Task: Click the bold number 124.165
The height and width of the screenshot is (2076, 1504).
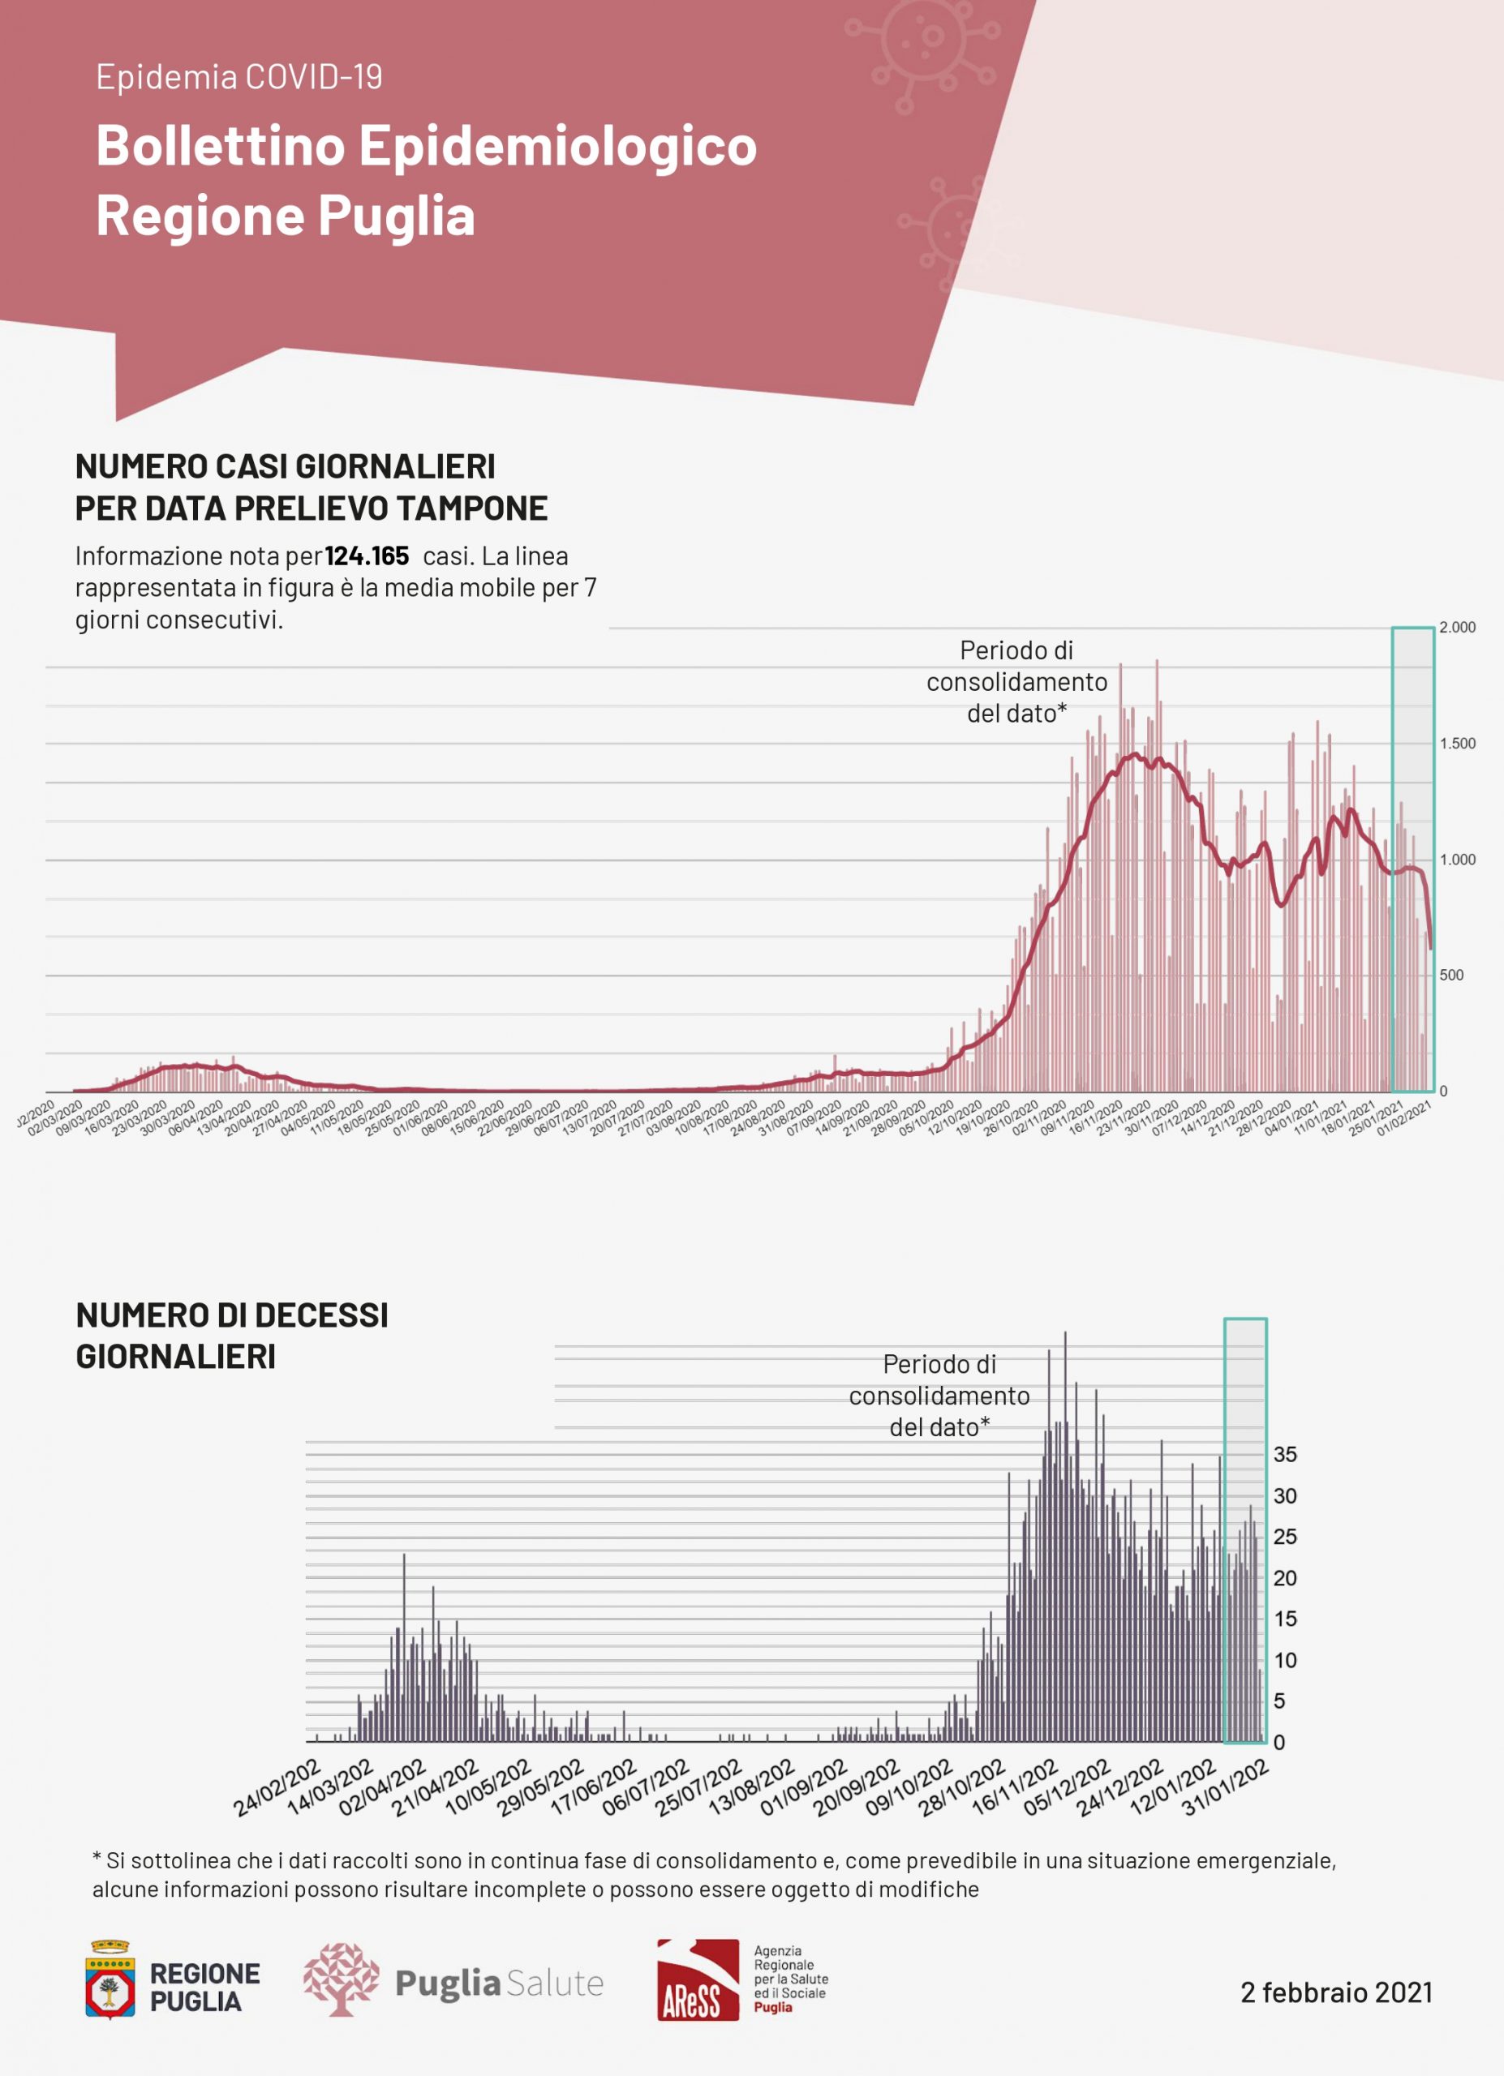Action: click(x=366, y=555)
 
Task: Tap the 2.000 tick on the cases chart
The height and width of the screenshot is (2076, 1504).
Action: click(x=1456, y=627)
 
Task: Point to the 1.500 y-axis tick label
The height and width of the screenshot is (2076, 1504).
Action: click(x=1456, y=744)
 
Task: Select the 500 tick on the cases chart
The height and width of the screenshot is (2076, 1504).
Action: click(x=1451, y=975)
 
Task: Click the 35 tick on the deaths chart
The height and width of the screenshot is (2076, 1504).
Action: click(x=1284, y=1453)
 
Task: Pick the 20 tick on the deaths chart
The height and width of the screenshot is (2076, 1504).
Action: click(x=1284, y=1577)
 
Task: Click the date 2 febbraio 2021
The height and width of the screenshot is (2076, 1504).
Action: click(x=1335, y=1992)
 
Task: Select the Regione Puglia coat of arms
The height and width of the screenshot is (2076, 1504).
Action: click(x=110, y=1979)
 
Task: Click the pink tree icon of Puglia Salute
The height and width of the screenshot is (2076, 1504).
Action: click(x=341, y=1979)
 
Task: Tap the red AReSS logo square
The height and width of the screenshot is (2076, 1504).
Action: click(x=698, y=1979)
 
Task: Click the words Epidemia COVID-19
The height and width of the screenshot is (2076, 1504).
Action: click(x=239, y=77)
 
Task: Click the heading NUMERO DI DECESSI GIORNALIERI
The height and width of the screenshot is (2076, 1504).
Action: click(x=231, y=1336)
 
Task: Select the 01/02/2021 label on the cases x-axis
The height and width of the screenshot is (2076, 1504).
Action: click(x=1404, y=1118)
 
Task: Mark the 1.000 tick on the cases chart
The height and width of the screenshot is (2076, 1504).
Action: click(x=1456, y=860)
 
